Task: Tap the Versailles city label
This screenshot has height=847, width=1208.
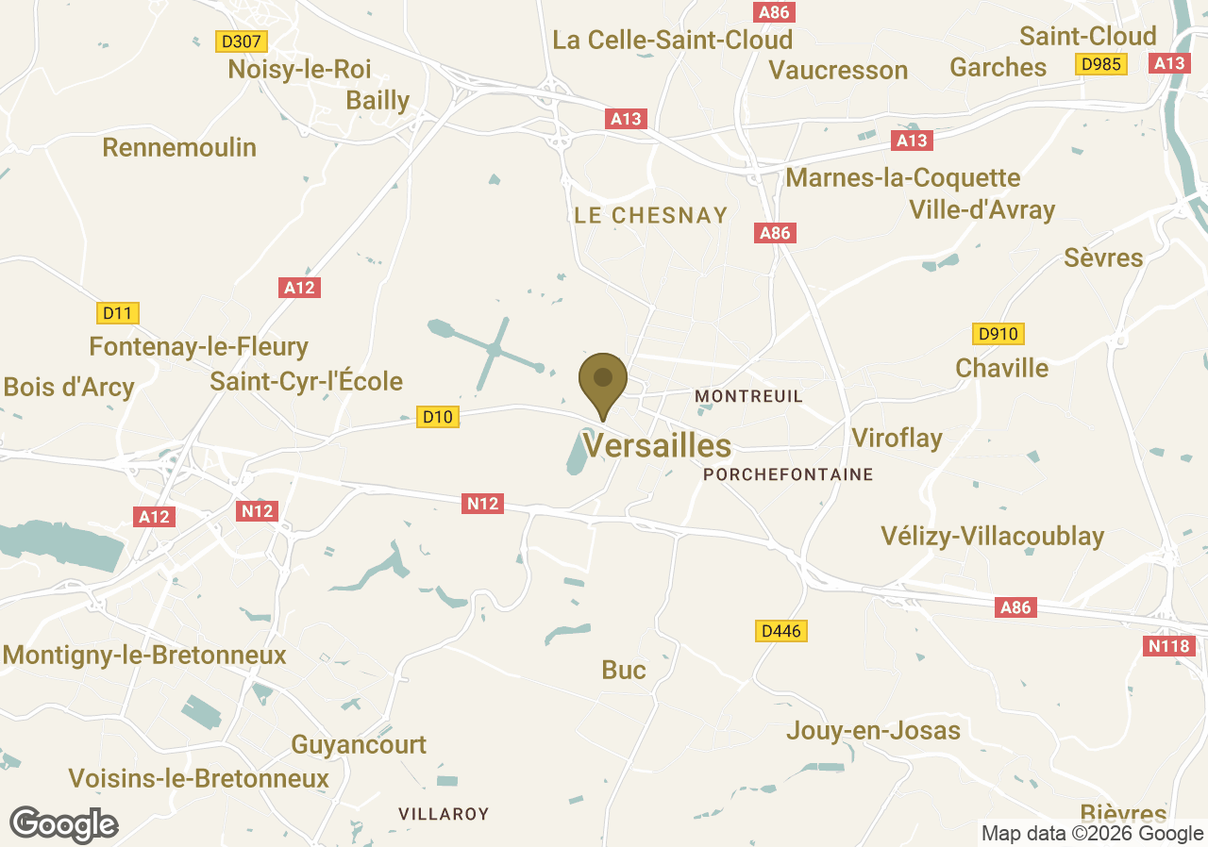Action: click(x=657, y=445)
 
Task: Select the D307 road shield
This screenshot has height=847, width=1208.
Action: click(x=242, y=42)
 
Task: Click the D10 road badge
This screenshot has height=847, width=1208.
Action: click(x=438, y=416)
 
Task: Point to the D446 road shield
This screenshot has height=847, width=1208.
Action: click(x=782, y=631)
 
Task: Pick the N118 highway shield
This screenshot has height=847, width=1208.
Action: click(x=1169, y=646)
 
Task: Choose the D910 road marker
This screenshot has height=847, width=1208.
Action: click(x=998, y=334)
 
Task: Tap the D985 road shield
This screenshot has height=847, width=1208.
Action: click(x=1101, y=64)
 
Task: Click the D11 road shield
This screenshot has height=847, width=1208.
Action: click(x=118, y=312)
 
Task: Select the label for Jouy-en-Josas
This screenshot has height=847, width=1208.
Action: click(x=873, y=730)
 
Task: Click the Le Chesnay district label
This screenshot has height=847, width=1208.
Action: click(x=651, y=216)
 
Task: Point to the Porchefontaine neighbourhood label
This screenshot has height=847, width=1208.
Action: click(x=788, y=474)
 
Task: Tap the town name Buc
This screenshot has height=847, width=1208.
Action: click(x=624, y=670)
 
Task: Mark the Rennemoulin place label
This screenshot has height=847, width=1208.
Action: click(x=179, y=147)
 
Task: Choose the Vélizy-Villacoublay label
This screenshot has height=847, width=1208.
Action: click(x=992, y=536)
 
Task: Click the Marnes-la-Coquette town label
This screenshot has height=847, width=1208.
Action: click(x=902, y=177)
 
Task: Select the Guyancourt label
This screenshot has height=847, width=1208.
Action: click(x=359, y=744)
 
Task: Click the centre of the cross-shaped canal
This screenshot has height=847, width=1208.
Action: click(x=494, y=350)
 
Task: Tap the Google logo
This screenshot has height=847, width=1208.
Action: click(x=63, y=824)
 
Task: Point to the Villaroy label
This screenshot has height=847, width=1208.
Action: click(x=444, y=813)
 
